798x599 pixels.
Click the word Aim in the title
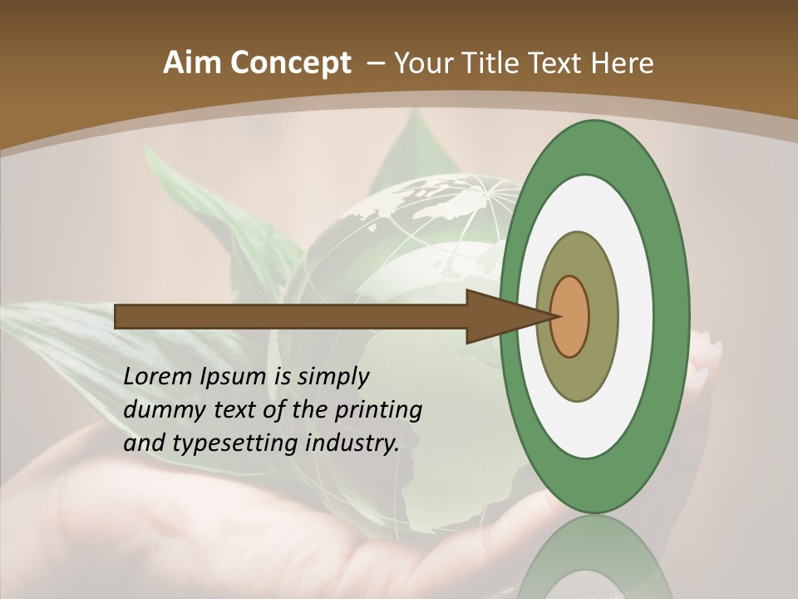[x=190, y=63]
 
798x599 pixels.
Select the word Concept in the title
[x=288, y=63]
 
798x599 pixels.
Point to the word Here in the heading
[x=623, y=63]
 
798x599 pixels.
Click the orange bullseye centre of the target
[x=570, y=316]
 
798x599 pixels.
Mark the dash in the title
[x=374, y=63]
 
